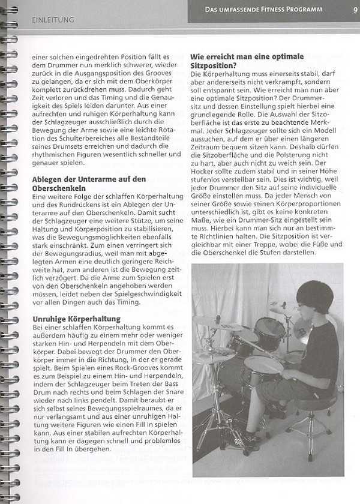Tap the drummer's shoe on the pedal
tap(277, 412)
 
